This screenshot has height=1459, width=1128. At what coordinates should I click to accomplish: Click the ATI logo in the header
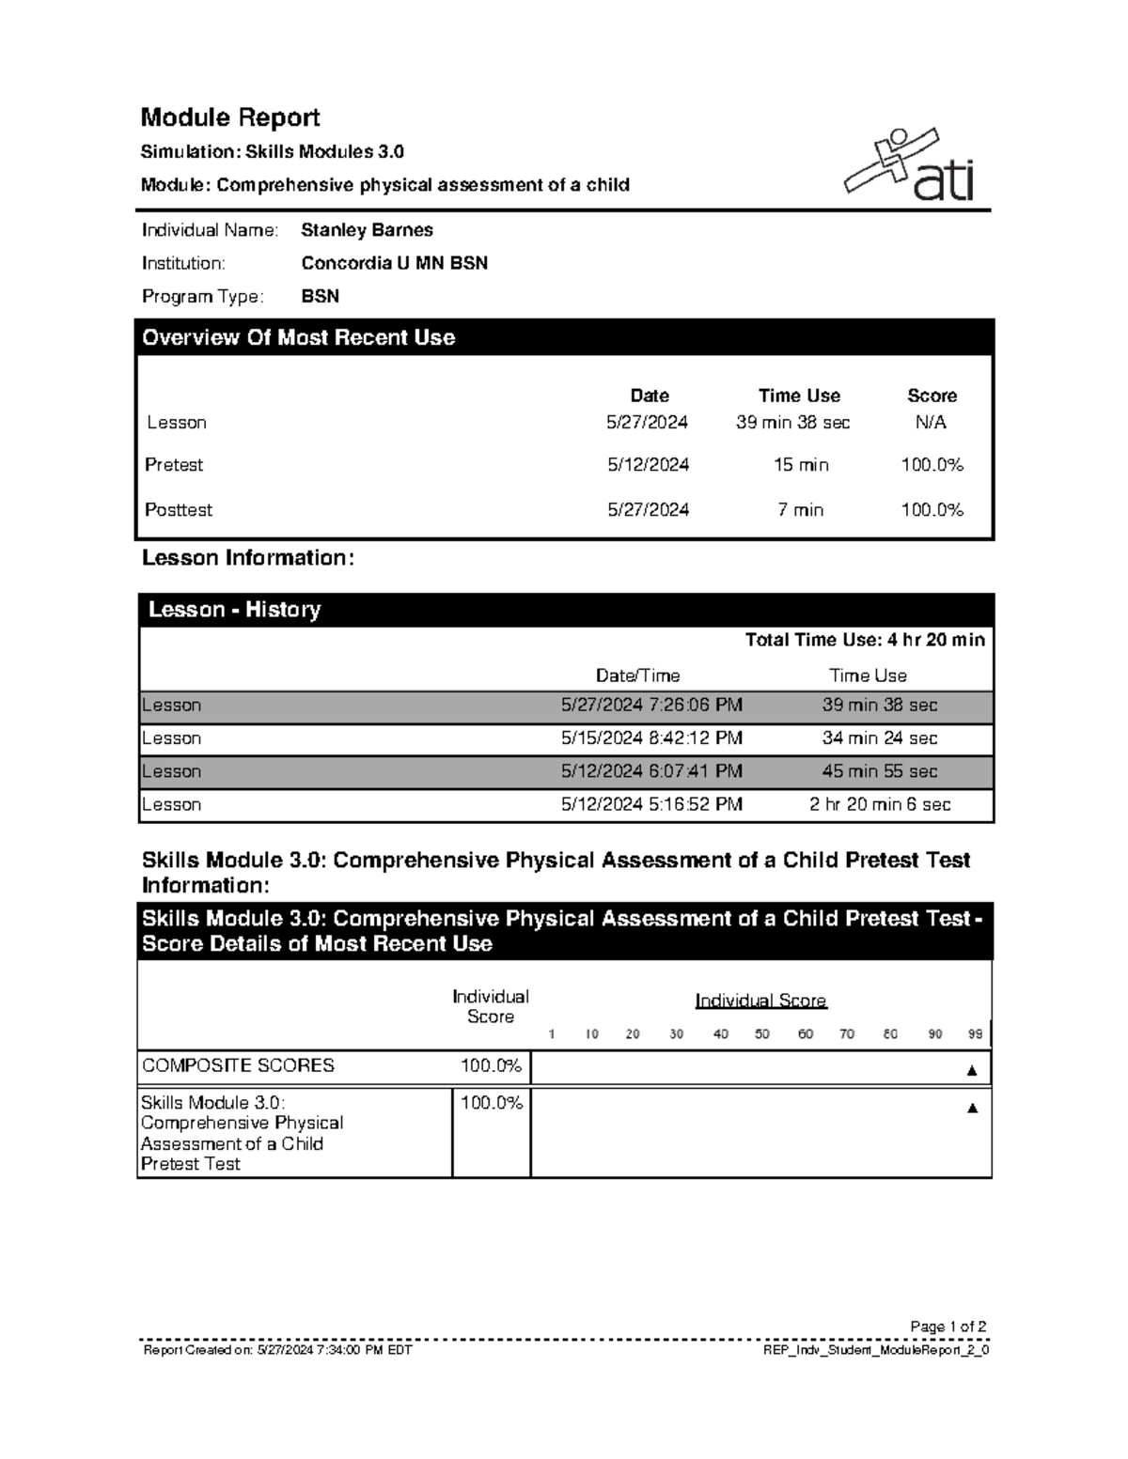pos(908,166)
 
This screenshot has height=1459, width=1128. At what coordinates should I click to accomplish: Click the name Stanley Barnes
pos(367,230)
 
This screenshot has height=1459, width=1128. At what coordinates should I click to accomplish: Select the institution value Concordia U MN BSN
pos(394,263)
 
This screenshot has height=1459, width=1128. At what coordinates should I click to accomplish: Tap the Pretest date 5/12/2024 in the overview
pos(648,465)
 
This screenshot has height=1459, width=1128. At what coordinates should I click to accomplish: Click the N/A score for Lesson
pos(931,423)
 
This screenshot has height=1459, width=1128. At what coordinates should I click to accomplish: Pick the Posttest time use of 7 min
pos(800,510)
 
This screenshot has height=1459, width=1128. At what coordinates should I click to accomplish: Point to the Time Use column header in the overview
pos(799,396)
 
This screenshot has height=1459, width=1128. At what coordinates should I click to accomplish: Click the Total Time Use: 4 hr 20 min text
pos(864,641)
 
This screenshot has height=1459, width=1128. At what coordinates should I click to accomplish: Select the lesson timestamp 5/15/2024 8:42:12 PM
pos(651,738)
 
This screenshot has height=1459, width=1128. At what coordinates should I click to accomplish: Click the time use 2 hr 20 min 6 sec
pos(879,805)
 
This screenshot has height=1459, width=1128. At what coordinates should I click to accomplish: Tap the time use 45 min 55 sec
pos(879,771)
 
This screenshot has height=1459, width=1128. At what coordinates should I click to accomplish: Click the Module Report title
pos(230,117)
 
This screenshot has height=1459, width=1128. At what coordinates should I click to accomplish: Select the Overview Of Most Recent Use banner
pos(298,338)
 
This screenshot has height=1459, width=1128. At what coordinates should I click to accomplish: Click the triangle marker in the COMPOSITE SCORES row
pos(972,1070)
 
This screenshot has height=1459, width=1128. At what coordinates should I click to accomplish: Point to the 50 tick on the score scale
pos(761,1034)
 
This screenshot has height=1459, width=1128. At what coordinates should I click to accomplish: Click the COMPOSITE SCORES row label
pos(238,1066)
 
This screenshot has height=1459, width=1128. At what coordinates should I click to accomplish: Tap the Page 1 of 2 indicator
pos(948,1327)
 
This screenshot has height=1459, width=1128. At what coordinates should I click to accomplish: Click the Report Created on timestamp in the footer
pos(277,1350)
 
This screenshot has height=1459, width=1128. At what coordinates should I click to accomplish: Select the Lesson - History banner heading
pos(234,611)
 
